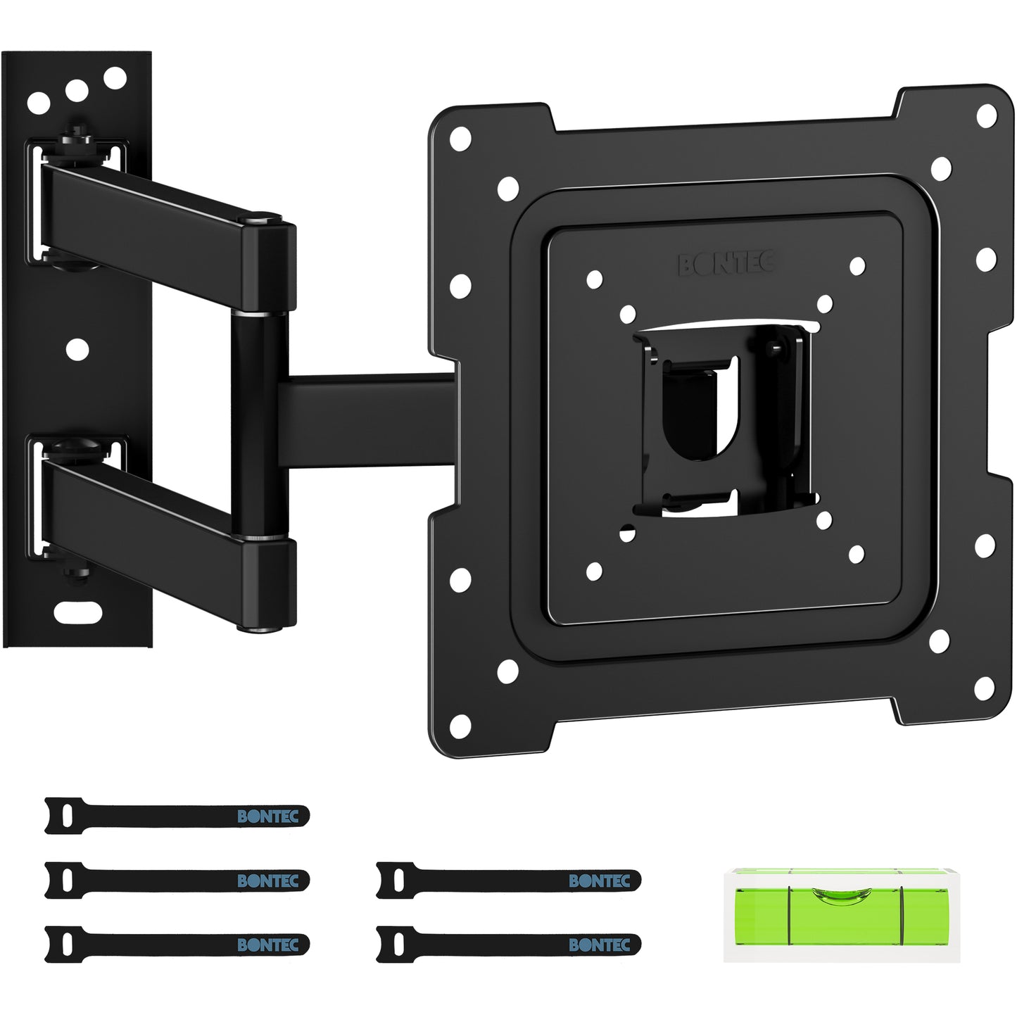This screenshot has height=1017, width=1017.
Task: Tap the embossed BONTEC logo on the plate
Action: pos(727,263)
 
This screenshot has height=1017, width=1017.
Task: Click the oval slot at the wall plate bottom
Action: pos(77,612)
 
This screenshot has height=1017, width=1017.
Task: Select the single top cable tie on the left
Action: pos(177,816)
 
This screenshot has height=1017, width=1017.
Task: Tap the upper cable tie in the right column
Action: pos(509,880)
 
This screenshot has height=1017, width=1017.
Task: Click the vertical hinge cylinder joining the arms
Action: pos(259,425)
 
